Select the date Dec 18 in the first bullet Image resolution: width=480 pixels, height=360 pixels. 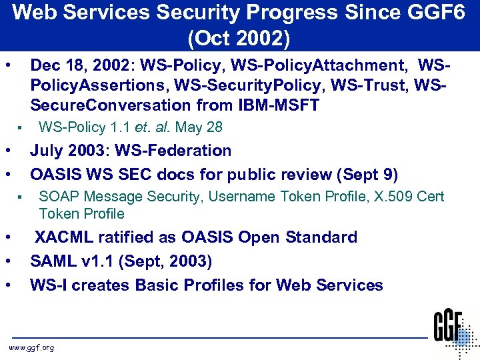[x=54, y=65]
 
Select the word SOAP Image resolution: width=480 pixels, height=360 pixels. [x=57, y=197]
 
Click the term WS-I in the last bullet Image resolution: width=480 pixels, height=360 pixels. [x=48, y=285]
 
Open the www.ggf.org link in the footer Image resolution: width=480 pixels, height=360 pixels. [x=31, y=347]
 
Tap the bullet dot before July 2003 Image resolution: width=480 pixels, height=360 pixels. [x=6, y=151]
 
